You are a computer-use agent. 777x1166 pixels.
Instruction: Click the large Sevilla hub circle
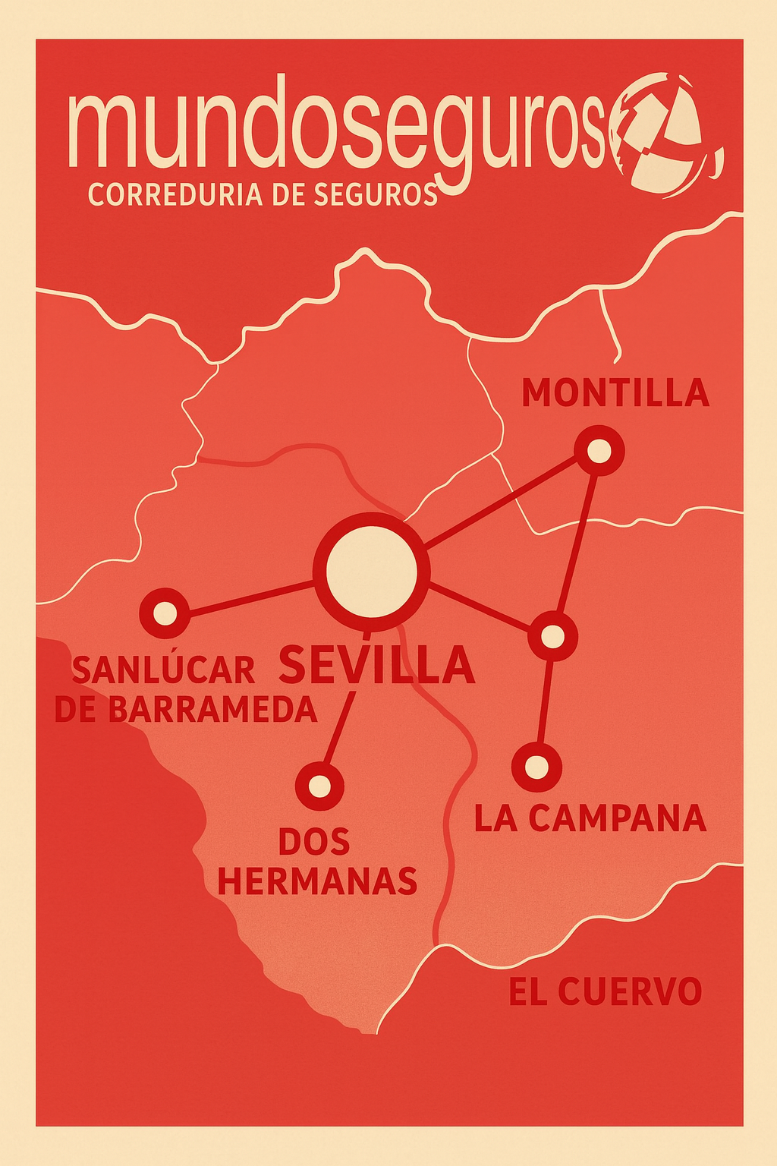tap(371, 571)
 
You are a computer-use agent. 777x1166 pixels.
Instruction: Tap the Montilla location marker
tap(599, 451)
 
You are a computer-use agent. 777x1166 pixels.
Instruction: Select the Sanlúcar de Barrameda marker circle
tap(164, 612)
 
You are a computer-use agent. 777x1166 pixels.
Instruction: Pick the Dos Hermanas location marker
tap(319, 786)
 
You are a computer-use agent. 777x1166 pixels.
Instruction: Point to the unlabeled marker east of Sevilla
tap(553, 637)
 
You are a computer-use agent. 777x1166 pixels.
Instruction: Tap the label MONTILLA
tap(615, 393)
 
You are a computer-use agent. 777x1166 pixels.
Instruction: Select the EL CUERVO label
tap(605, 992)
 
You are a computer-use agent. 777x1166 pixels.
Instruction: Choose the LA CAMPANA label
tap(590, 818)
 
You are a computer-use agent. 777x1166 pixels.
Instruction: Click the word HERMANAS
tap(317, 881)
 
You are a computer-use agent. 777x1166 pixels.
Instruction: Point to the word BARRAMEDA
tap(212, 709)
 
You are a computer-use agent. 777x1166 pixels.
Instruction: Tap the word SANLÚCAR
tap(164, 670)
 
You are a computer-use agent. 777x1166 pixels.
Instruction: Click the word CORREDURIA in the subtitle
tap(175, 195)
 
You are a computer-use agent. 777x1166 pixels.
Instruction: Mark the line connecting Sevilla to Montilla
tap(501, 502)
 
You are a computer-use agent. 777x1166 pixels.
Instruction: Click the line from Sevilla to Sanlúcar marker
tap(250, 597)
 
